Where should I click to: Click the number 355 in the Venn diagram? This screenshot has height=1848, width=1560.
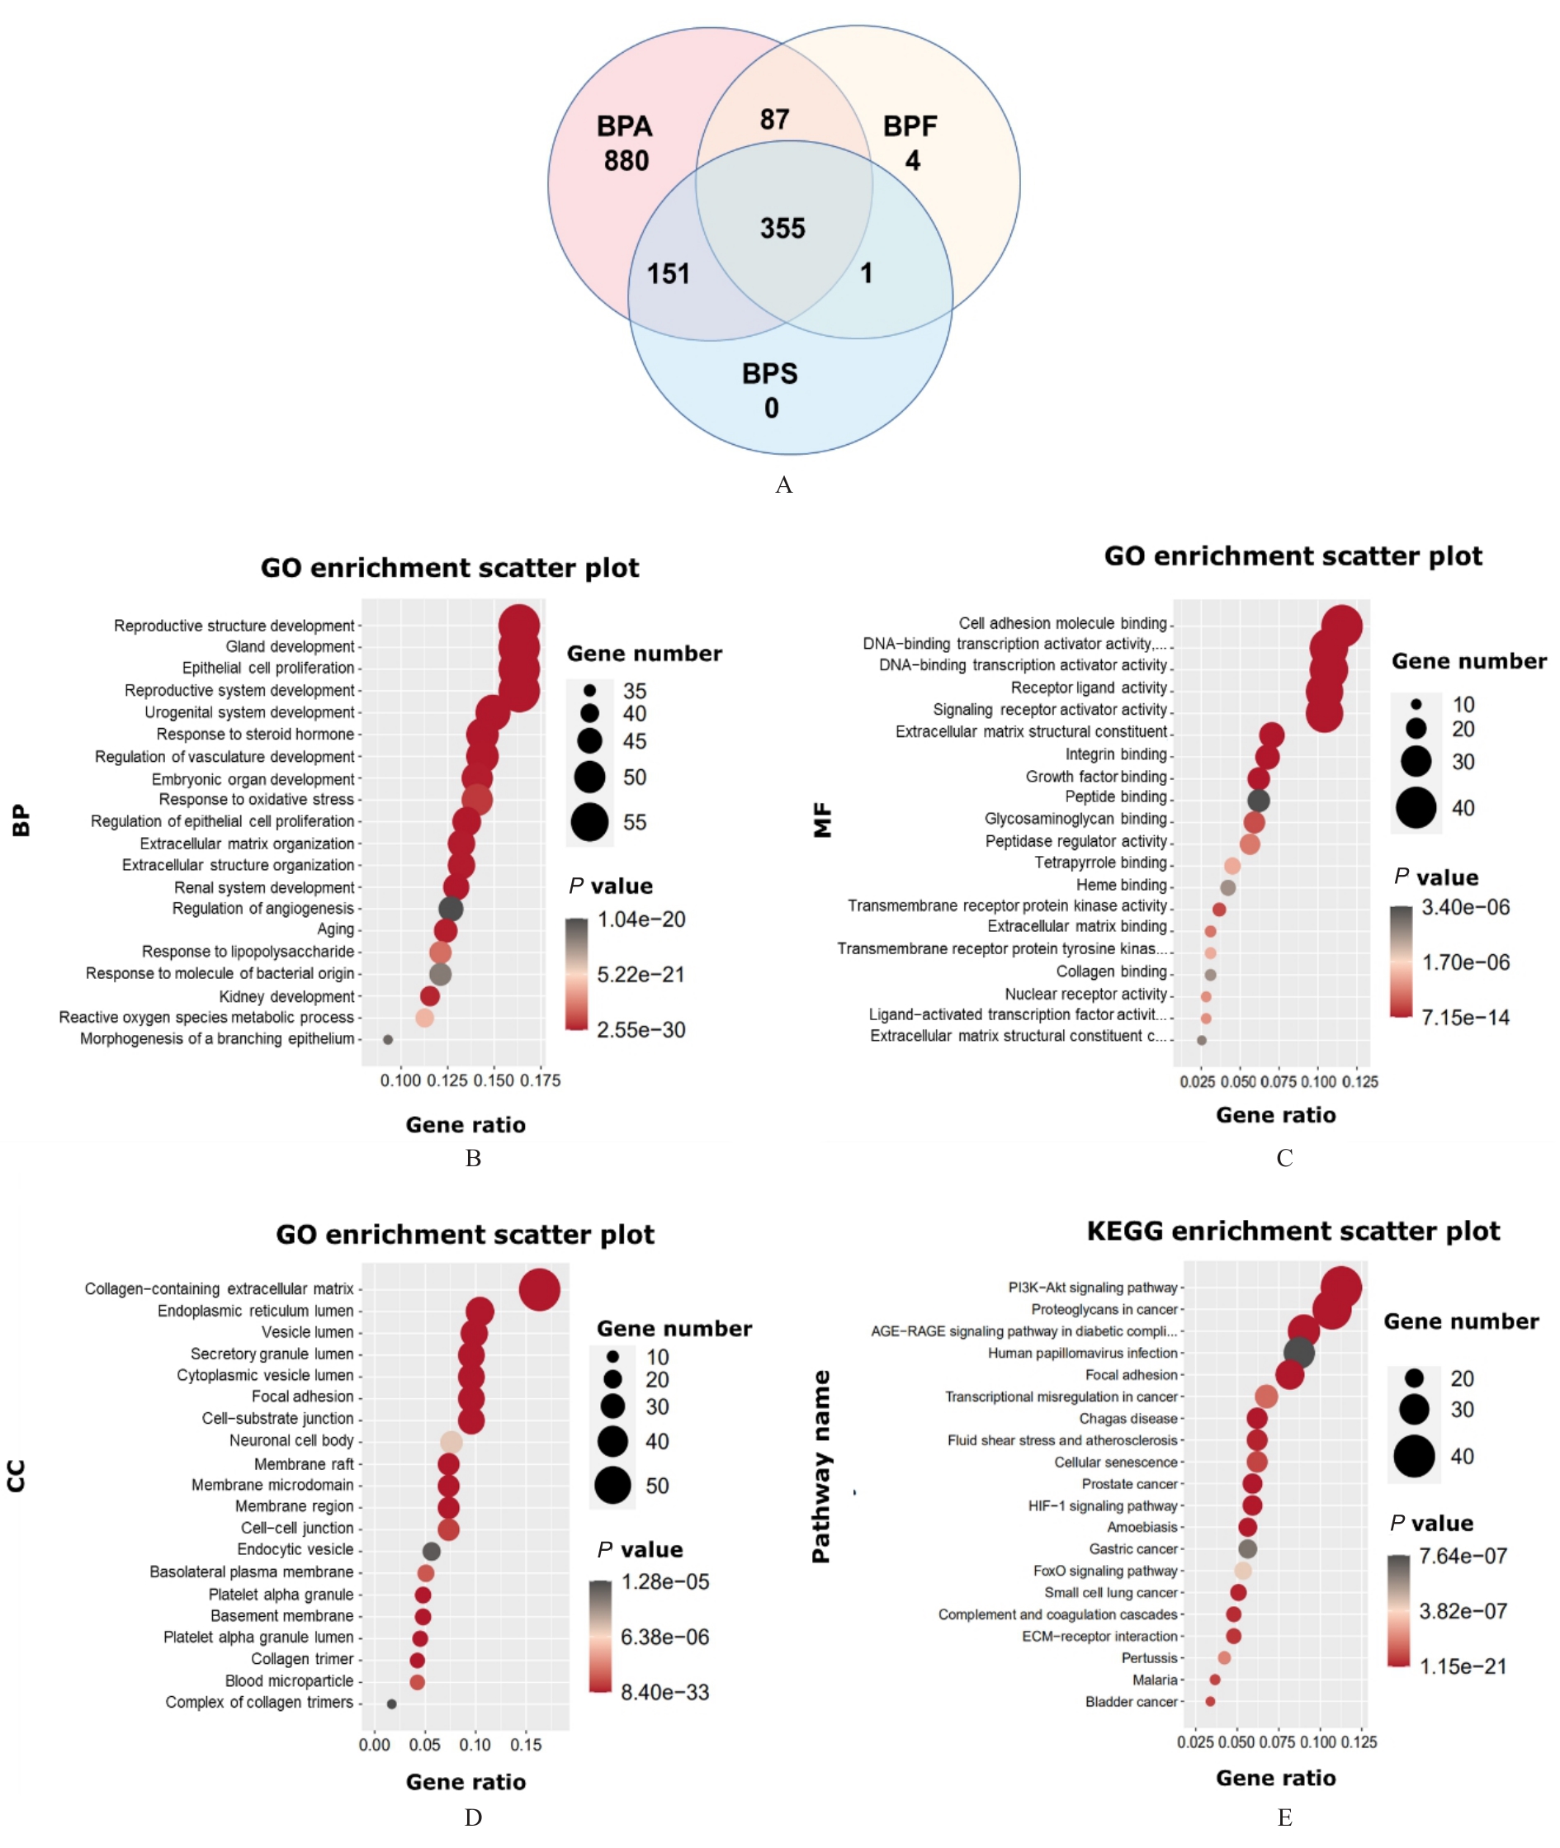(x=782, y=228)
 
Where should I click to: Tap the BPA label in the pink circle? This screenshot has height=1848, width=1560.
(x=624, y=126)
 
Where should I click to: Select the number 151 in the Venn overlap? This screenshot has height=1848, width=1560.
(x=668, y=273)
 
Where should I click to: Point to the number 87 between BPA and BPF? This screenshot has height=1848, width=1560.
(x=774, y=120)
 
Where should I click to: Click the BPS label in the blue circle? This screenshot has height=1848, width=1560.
(x=769, y=374)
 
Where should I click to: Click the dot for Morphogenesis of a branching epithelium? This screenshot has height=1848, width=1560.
(x=387, y=1039)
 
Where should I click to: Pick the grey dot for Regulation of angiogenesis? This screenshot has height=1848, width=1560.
(x=450, y=908)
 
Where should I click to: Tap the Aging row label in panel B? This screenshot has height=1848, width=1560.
(x=335, y=929)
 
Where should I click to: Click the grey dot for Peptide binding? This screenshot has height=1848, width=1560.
(x=1259, y=801)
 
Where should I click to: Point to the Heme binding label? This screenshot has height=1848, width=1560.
(x=1122, y=885)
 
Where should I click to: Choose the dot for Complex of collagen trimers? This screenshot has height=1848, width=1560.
(x=392, y=1703)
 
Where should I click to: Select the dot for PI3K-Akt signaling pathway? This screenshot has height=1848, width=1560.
(x=1340, y=1288)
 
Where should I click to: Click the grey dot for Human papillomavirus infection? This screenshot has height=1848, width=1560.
(x=1298, y=1352)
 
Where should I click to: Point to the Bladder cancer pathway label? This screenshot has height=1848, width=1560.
(x=1131, y=1701)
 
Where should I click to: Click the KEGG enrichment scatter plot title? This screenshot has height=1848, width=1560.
(x=1293, y=1231)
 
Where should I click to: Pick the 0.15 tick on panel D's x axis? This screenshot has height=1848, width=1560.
(x=527, y=1745)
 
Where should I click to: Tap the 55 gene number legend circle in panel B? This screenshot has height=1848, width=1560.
(x=590, y=821)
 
